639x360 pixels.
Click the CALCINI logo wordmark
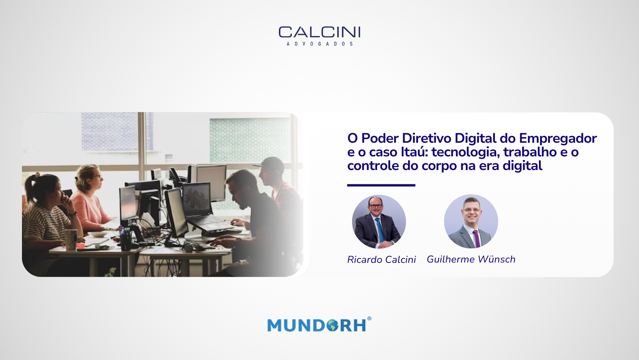tap(319, 32)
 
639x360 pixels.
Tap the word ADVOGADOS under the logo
tap(319, 44)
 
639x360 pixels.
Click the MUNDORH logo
tap(319, 324)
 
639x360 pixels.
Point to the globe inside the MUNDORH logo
tap(332, 325)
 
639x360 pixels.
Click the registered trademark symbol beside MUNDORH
tap(369, 318)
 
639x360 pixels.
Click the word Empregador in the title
tap(558, 139)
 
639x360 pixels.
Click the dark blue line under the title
tap(381, 185)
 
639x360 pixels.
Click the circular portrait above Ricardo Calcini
tap(379, 222)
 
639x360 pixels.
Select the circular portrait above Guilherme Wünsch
tap(471, 221)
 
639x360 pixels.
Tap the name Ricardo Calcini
tap(381, 260)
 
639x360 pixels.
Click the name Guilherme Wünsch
tap(471, 259)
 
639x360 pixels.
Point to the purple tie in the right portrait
tap(477, 238)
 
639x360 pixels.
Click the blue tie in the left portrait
tap(380, 230)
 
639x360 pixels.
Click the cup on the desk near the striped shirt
tap(71, 240)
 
